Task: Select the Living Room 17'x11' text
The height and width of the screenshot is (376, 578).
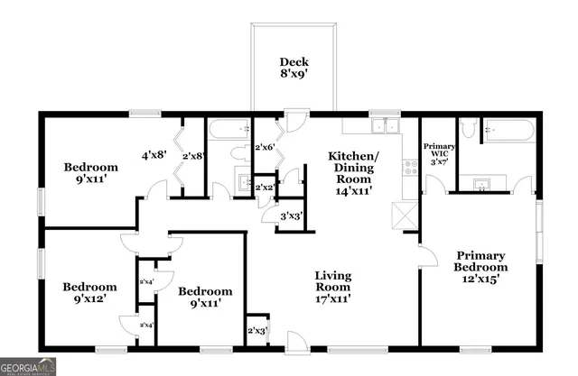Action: tap(332, 286)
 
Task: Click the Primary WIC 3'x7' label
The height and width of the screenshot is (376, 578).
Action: tap(440, 154)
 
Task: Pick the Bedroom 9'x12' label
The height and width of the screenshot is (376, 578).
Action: tap(89, 295)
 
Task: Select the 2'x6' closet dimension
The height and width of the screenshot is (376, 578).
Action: tap(266, 147)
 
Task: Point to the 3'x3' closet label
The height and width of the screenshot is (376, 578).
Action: tap(291, 216)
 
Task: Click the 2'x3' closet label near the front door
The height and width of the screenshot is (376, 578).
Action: tap(257, 331)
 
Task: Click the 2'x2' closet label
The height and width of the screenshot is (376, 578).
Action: tap(265, 188)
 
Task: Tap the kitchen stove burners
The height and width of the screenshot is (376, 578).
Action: tap(409, 167)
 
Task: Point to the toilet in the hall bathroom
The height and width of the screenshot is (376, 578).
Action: tap(239, 151)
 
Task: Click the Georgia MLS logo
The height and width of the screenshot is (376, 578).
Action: tap(28, 366)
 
